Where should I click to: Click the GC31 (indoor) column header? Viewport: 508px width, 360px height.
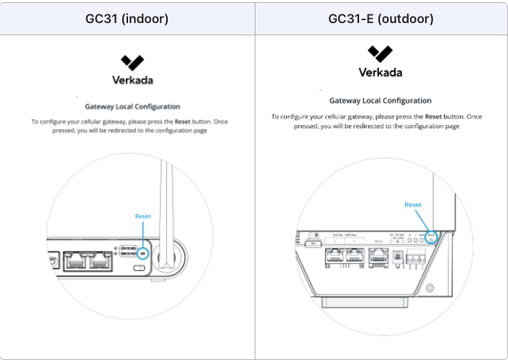pos(127,19)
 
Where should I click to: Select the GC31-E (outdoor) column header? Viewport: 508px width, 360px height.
pos(381,19)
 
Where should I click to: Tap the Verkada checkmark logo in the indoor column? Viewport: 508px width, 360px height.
pos(132,62)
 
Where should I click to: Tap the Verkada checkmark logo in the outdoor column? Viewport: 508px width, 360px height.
pos(380,53)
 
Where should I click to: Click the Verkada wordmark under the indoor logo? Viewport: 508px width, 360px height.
pos(132,80)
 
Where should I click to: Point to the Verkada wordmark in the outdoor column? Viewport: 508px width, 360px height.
pos(380,72)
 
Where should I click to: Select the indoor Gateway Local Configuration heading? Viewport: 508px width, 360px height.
pos(132,107)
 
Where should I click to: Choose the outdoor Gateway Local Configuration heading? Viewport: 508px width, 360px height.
pos(380,101)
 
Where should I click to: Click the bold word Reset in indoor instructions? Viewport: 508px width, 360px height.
pos(182,122)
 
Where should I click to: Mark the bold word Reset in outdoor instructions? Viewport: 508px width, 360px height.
pos(432,117)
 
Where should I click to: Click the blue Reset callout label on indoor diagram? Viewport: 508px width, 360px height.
pos(143,216)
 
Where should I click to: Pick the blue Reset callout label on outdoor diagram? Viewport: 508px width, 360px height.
pos(413,204)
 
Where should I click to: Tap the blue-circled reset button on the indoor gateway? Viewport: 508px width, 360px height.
pos(142,253)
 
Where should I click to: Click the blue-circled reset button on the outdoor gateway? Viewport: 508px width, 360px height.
pos(431,237)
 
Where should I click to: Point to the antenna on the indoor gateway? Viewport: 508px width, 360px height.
pos(167,209)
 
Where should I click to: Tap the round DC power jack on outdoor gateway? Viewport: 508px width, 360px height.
pos(398,254)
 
